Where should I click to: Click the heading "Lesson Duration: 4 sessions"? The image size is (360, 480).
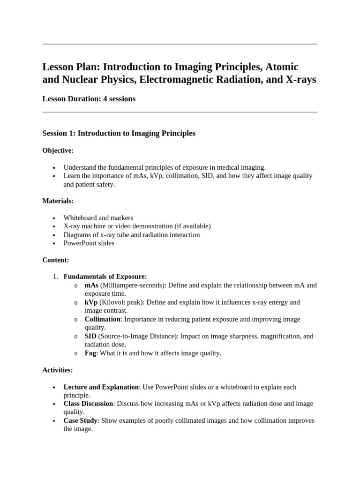pos(89,99)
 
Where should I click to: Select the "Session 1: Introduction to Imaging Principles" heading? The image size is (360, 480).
pos(119,134)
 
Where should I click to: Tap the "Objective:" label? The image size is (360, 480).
pos(58,150)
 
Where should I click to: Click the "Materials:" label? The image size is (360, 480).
pos(58,201)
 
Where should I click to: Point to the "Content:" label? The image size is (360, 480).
pos(56,260)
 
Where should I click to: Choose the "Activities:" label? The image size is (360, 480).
pos(57,370)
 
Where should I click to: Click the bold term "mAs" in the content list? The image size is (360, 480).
pos(91,285)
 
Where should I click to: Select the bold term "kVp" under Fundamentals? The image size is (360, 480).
pos(91,302)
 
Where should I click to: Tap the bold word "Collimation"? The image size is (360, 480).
pos(102,319)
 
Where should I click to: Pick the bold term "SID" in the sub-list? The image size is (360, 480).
pos(90,336)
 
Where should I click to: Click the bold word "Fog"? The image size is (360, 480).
pos(90,353)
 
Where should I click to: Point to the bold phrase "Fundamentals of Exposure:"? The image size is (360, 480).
pos(105,277)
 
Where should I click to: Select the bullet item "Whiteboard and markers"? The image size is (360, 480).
pos(98,218)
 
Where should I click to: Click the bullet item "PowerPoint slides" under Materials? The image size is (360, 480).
pos(89,243)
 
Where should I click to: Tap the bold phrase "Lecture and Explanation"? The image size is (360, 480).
pos(101,387)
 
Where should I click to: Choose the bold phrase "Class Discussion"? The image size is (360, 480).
pos(88,404)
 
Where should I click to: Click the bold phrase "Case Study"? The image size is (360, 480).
pos(81,420)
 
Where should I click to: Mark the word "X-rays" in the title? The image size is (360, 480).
pos(300,80)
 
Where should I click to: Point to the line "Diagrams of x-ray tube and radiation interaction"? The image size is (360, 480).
pos(131,235)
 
